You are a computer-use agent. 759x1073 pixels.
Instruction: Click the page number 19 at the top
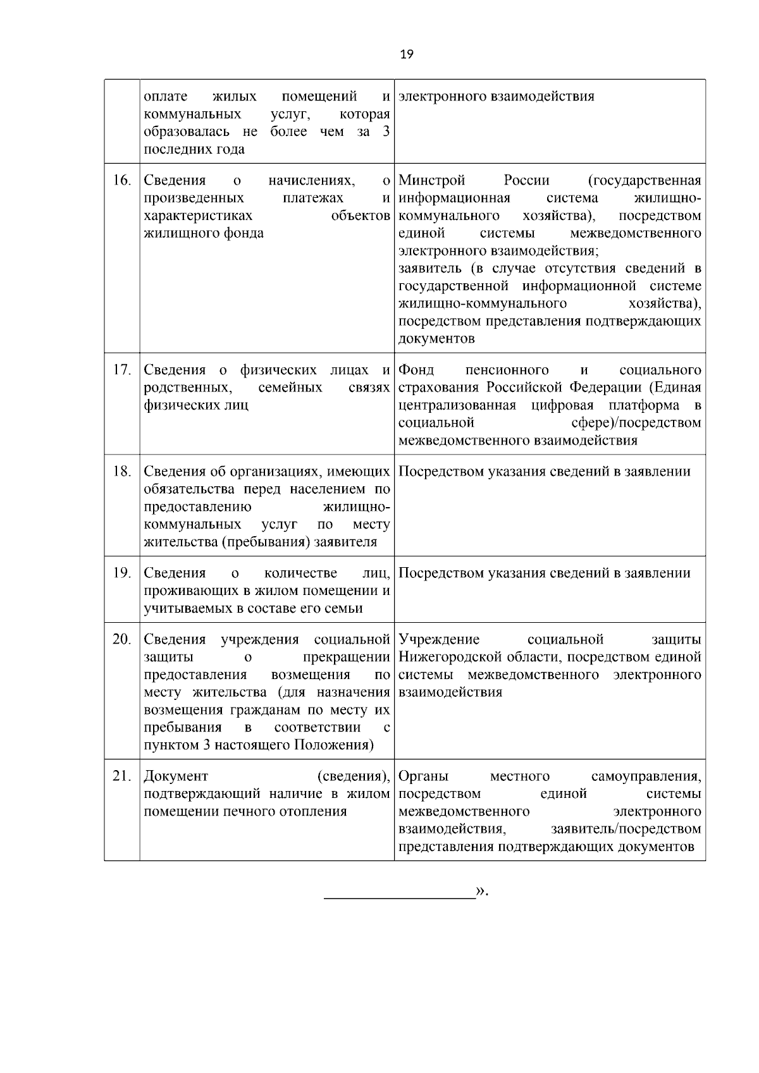[x=407, y=55]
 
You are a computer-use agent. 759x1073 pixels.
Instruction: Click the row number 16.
[x=121, y=181]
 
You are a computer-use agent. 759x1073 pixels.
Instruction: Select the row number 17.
[x=121, y=370]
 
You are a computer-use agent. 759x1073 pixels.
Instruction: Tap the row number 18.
[x=121, y=472]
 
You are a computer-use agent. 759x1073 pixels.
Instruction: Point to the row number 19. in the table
[x=121, y=573]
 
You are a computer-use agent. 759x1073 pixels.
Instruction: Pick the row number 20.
[x=121, y=639]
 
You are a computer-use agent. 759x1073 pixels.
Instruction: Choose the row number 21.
[x=121, y=776]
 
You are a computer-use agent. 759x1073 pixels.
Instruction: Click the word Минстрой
[x=432, y=181]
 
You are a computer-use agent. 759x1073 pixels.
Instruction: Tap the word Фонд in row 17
[x=416, y=370]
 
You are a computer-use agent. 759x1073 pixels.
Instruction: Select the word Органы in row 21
[x=424, y=776]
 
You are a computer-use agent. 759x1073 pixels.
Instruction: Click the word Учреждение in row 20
[x=440, y=639]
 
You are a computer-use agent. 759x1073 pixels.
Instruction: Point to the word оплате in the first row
[x=166, y=97]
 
